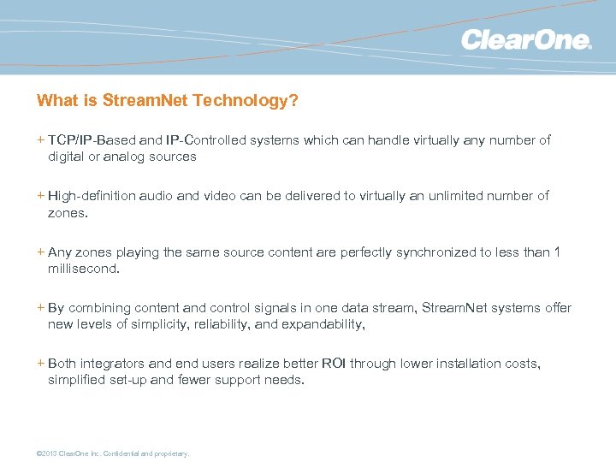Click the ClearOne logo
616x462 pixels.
[x=525, y=40]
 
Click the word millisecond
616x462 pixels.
[x=83, y=269]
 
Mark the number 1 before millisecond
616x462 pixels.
[x=557, y=252]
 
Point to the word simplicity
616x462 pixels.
[x=163, y=324]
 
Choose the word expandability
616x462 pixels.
[x=319, y=324]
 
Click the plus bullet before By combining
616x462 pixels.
[x=41, y=308]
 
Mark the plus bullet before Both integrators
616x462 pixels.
[x=41, y=364]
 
